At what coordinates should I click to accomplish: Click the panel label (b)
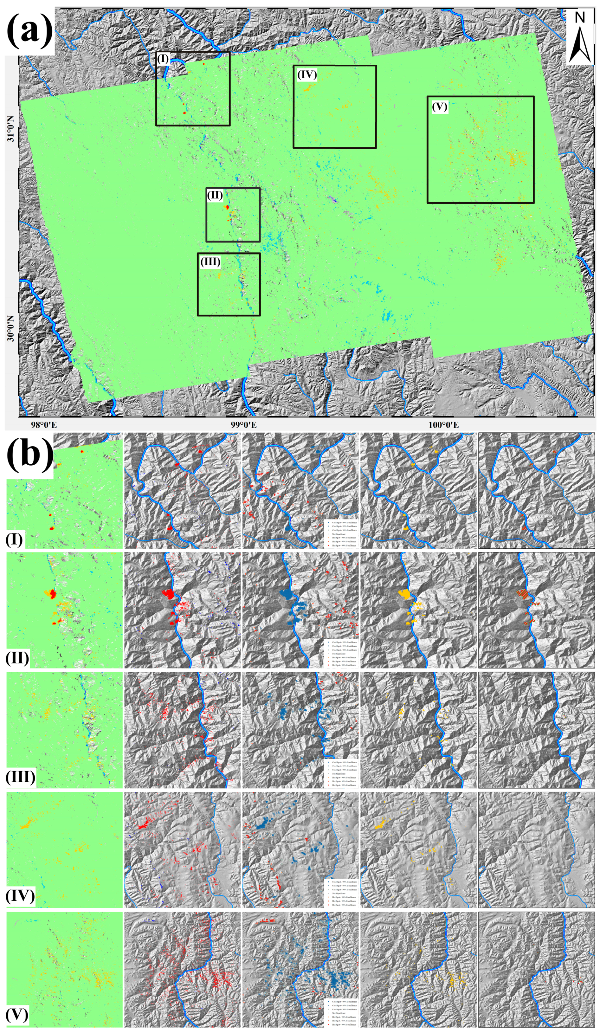click(30, 455)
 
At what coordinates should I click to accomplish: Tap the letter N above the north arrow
click(580, 18)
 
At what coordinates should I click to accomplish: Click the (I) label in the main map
click(163, 59)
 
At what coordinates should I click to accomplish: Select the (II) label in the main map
click(215, 195)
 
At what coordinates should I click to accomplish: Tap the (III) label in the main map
click(210, 261)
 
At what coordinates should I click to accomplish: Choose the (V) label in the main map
click(439, 107)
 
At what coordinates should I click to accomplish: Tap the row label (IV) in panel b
click(20, 896)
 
